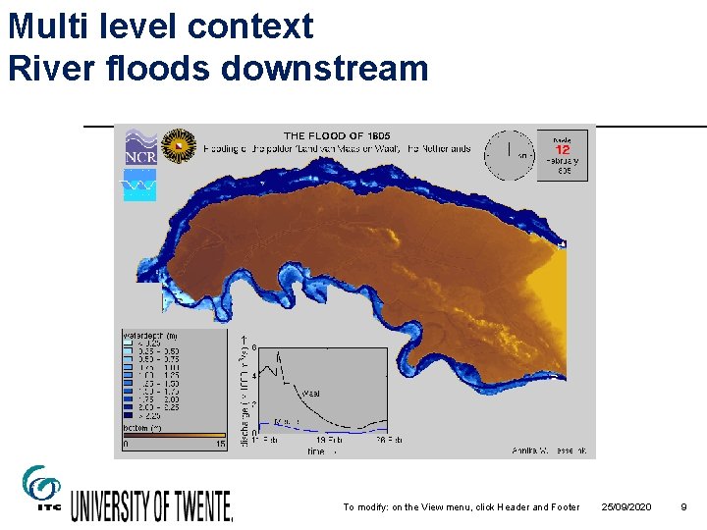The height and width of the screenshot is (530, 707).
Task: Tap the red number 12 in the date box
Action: coord(563,149)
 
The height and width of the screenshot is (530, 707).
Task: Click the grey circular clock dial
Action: coord(510,155)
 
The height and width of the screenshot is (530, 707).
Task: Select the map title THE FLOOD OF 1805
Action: coord(338,135)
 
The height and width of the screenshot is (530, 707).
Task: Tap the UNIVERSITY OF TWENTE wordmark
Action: coord(151,504)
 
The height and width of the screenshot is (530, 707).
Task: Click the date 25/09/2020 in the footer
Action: coord(625,506)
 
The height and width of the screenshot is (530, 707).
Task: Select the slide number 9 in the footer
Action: coord(683,506)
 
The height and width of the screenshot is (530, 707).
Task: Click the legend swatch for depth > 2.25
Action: coord(130,415)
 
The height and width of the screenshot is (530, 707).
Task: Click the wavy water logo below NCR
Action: coord(139,185)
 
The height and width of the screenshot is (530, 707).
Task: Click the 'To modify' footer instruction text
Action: coord(462,506)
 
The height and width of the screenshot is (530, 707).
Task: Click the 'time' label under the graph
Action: coord(315,450)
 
